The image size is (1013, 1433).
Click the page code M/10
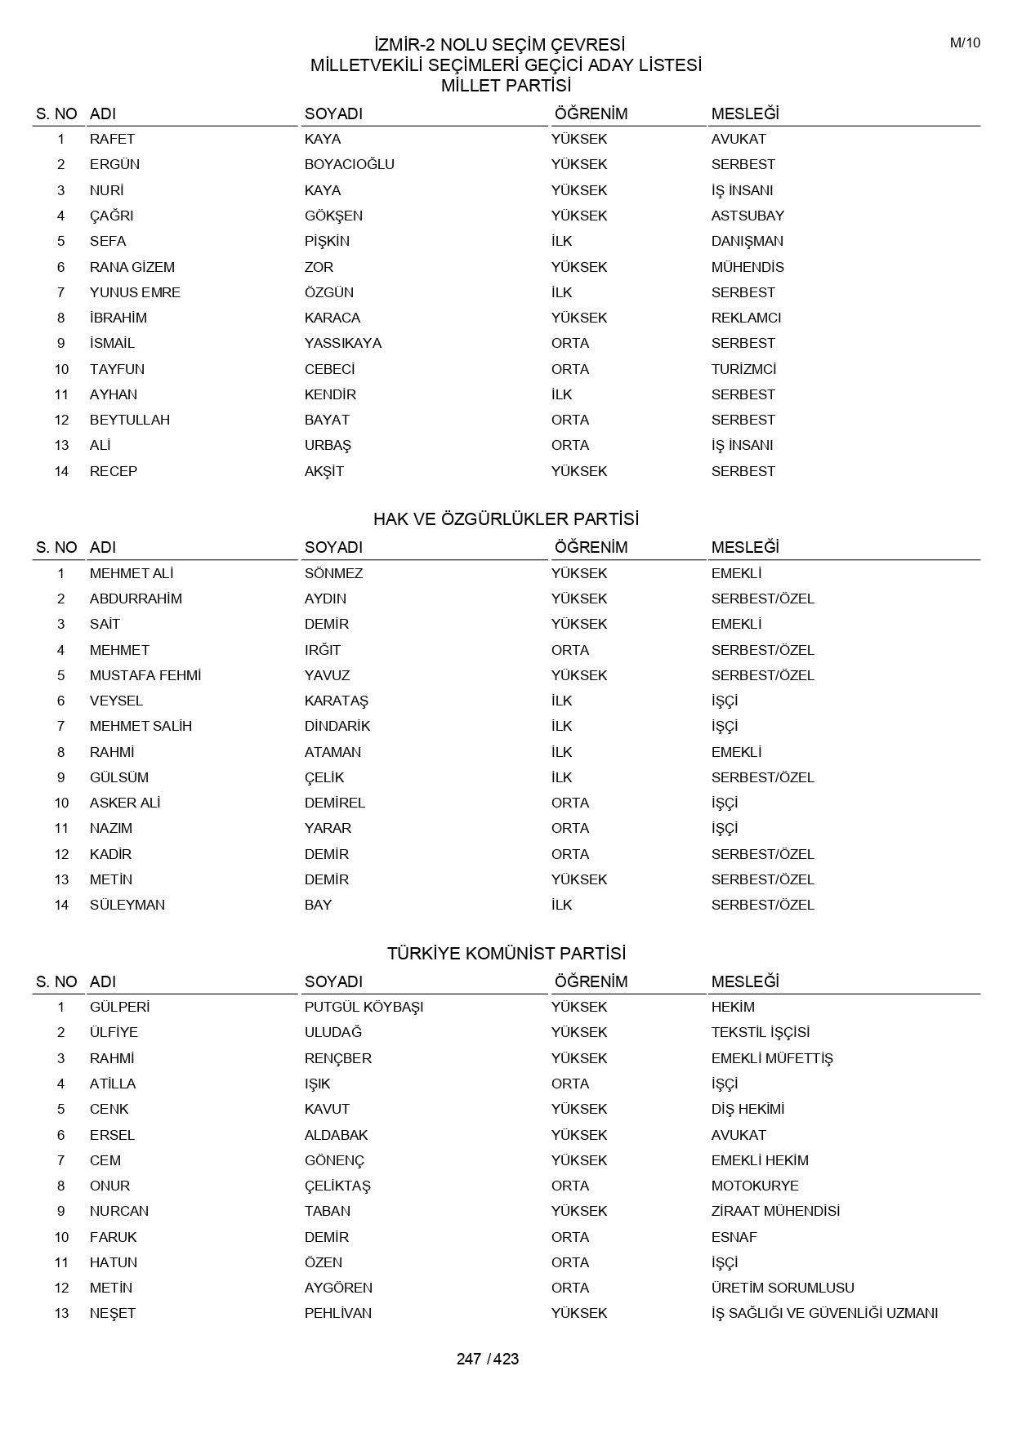point(964,43)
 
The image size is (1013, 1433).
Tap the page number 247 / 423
point(488,1359)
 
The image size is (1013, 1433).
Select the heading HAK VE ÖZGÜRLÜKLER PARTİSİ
point(506,519)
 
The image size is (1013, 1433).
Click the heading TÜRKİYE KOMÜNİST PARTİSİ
point(506,953)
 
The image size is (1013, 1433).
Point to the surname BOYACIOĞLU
point(349,164)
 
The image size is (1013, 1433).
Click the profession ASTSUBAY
point(747,216)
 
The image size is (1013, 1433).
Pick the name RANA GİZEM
point(132,267)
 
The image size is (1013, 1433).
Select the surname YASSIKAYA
point(342,343)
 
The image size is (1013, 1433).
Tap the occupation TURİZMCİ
point(743,369)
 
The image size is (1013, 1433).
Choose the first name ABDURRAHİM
point(136,599)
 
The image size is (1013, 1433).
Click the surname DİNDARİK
point(337,726)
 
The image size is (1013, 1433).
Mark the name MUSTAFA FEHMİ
point(145,675)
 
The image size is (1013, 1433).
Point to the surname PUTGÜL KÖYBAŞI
point(364,1007)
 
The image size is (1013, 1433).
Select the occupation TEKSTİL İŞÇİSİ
point(760,1032)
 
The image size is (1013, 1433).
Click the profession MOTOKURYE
point(754,1186)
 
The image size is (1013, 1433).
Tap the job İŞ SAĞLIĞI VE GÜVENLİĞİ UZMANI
point(823,1313)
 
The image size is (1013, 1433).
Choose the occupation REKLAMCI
point(746,318)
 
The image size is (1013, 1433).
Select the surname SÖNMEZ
point(333,573)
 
